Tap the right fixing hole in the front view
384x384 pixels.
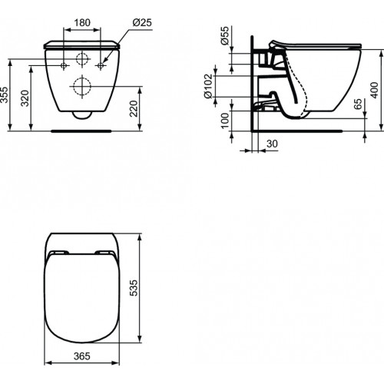click(x=101, y=65)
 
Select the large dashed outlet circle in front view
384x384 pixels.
click(x=81, y=84)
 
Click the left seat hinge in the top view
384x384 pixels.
click(x=56, y=252)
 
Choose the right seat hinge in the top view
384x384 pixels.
click(x=104, y=252)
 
